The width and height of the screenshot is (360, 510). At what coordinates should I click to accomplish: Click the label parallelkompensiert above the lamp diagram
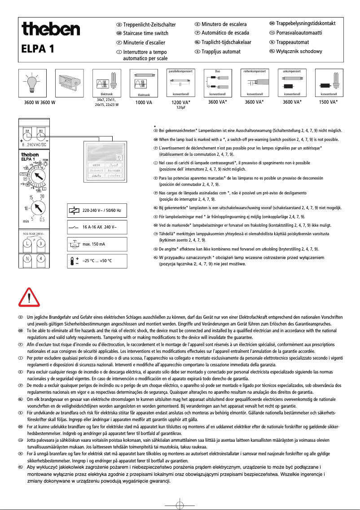pyautogui.click(x=181, y=71)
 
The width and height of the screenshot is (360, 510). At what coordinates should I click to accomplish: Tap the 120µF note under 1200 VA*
pyautogui.click(x=181, y=108)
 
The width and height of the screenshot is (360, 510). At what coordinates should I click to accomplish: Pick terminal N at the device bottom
pyautogui.click(x=27, y=259)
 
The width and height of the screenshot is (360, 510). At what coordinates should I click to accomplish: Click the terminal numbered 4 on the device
pyautogui.click(x=41, y=259)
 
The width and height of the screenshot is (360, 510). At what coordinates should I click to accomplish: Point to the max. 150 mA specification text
pyautogui.click(x=95, y=244)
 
